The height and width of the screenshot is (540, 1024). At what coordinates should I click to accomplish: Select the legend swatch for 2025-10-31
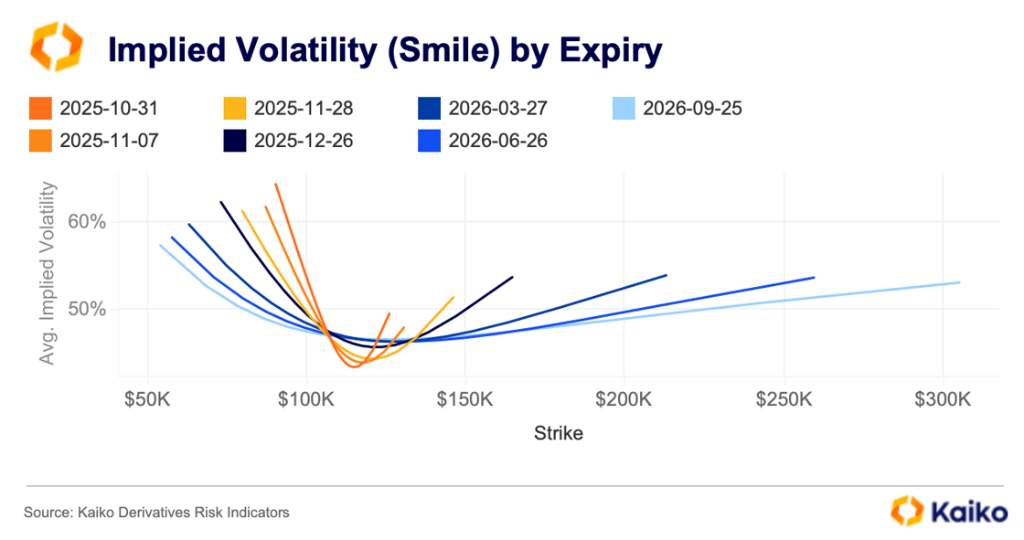[41, 109]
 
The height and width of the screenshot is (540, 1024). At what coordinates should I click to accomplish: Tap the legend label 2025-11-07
[109, 142]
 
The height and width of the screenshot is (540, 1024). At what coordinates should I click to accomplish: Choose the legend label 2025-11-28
[304, 109]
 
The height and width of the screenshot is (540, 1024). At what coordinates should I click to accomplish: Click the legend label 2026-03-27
[497, 109]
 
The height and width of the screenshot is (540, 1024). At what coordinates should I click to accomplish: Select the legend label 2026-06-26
[497, 142]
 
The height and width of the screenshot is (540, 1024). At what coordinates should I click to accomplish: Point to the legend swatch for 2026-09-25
[624, 109]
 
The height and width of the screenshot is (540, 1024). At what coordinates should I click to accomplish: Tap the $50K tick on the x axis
[148, 400]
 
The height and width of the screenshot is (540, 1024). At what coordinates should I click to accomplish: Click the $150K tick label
[465, 400]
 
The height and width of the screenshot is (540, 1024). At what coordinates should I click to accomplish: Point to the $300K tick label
[943, 400]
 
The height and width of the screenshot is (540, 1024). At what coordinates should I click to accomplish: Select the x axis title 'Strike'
[558, 433]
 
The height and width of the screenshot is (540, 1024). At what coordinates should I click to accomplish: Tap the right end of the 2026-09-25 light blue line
[959, 282]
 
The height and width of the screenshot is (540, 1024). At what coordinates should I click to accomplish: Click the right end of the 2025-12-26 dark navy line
[513, 277]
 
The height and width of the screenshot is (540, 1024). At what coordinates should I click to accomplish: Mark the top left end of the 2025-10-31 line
[275, 184]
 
